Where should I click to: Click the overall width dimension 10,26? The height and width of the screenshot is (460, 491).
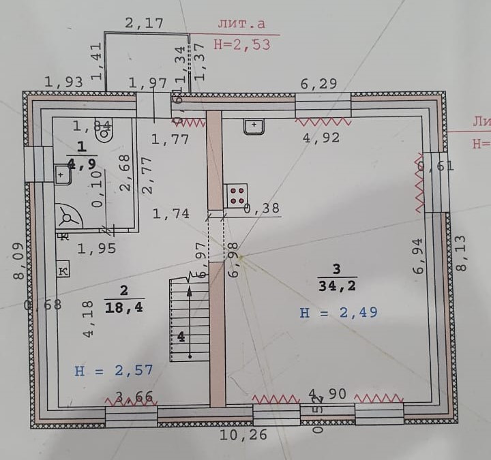click(x=243, y=434)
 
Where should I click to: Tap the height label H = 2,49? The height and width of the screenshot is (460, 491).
click(x=339, y=313)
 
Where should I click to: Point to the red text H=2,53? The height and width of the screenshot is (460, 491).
click(x=241, y=46)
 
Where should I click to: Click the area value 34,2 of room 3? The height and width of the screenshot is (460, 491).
click(x=336, y=285)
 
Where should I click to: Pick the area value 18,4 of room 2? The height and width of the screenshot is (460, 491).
click(x=124, y=307)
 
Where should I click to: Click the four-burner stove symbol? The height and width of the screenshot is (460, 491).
click(x=236, y=196)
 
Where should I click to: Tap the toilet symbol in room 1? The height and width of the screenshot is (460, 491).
click(x=106, y=132)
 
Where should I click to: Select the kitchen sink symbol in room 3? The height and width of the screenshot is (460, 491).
click(x=254, y=125)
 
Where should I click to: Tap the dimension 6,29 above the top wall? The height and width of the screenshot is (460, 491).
click(x=318, y=84)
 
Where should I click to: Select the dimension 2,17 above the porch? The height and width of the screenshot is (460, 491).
click(x=145, y=22)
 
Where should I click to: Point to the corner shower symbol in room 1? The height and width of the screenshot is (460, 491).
click(x=68, y=217)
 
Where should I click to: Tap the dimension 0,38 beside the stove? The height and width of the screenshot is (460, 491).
click(x=262, y=209)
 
